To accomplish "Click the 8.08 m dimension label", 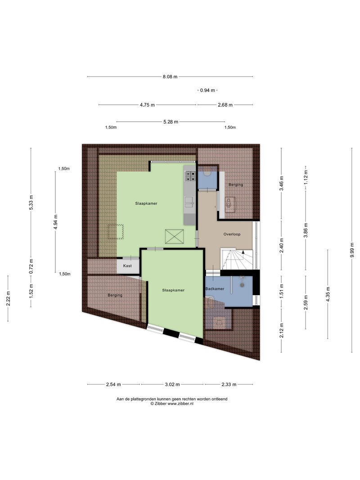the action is tap(170, 76).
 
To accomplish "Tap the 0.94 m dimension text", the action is tap(207, 90).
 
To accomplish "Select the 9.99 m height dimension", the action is tap(352, 251).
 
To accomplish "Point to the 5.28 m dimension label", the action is tap(171, 122).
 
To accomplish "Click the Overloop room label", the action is tap(232, 234).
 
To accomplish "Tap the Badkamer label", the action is tap(215, 289).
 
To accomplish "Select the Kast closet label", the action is tap(127, 266).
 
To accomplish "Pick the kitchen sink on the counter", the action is tap(189, 202).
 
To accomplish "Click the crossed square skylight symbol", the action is tap(174, 237).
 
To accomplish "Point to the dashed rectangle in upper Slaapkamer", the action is tap(115, 231).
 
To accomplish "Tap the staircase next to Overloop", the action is tap(237, 259).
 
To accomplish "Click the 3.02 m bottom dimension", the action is tap(172, 385).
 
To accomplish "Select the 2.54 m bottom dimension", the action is tap(113, 385).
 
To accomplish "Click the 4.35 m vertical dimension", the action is tap(328, 294).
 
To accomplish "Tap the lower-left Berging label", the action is tap(115, 295).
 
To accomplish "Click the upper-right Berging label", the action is tap(236, 184).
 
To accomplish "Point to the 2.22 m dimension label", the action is tap(8, 298).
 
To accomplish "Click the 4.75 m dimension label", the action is tap(147, 105).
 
